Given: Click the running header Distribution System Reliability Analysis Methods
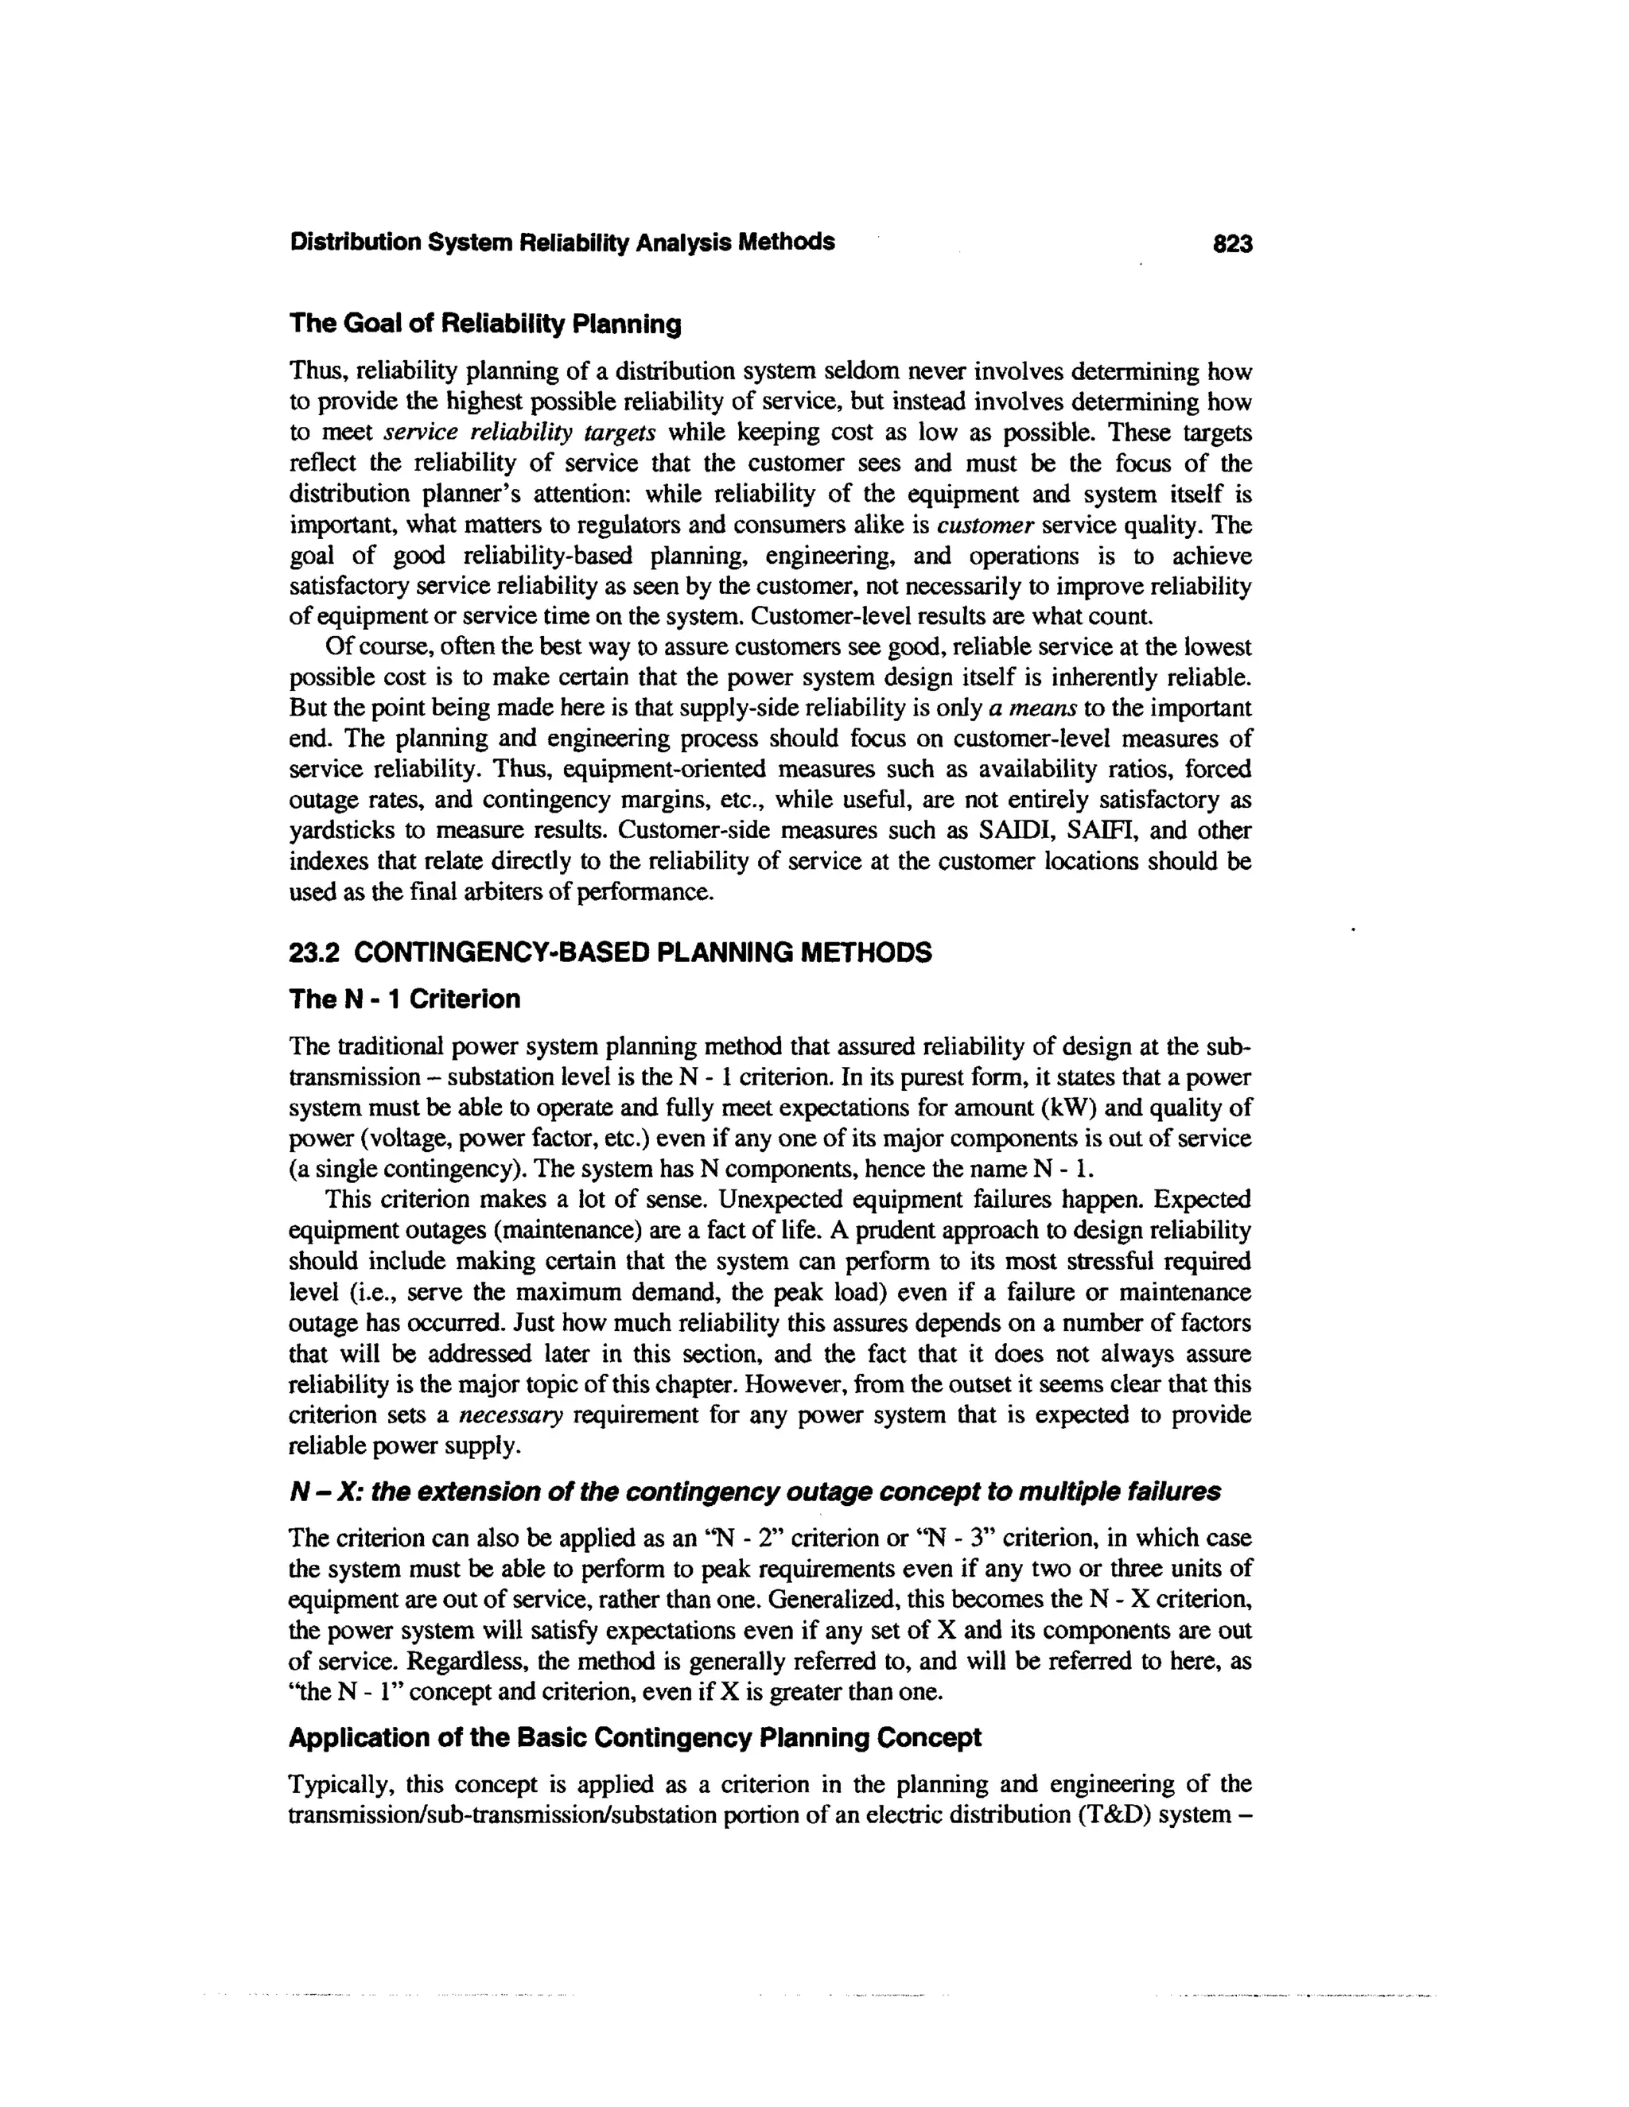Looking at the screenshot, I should click(562, 243).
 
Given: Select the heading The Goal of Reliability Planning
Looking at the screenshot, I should click(485, 324).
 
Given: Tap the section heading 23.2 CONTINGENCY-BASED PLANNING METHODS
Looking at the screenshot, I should click(610, 953).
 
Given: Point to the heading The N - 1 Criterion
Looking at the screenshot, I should click(404, 999).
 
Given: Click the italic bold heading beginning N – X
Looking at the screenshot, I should click(755, 1492).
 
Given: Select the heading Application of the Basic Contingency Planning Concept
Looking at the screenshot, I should click(635, 1738).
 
